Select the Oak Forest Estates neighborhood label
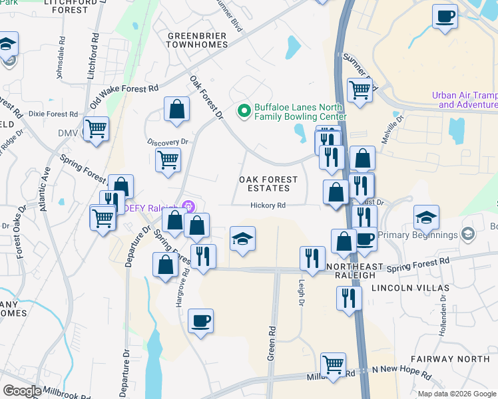pyautogui.click(x=269, y=184)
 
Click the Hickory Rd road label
pyautogui.click(x=268, y=205)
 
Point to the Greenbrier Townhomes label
pyautogui.click(x=197, y=39)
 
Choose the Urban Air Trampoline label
pyautogui.click(x=465, y=100)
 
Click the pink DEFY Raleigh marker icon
pyautogui.click(x=189, y=207)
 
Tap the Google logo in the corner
pyautogui.click(x=22, y=391)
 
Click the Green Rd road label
pyautogui.click(x=272, y=342)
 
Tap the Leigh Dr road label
pyautogui.click(x=301, y=293)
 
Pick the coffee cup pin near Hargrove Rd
pyautogui.click(x=200, y=321)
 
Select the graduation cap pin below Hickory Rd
pyautogui.click(x=242, y=239)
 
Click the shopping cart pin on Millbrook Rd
pyautogui.click(x=333, y=364)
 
